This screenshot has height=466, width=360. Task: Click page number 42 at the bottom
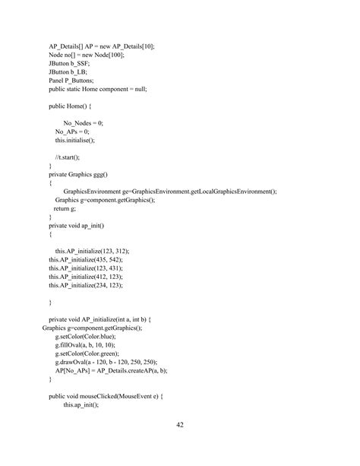[x=180, y=425]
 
